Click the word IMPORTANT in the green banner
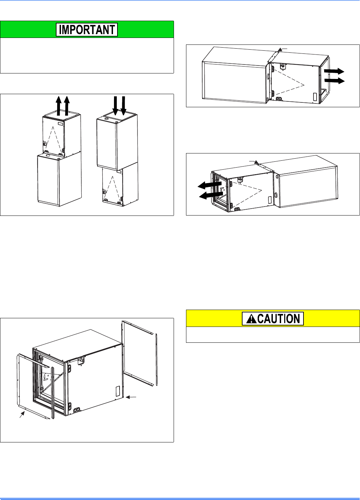pos(87,30)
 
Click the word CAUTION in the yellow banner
pos(279,319)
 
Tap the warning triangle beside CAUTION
pos(249,319)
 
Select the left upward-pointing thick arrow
pos(59,105)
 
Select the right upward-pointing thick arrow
pos(67,105)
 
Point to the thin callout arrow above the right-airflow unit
pos(282,50)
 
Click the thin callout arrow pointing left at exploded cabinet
pos(131,398)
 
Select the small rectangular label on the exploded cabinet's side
pos(117,391)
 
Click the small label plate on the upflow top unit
pos(61,123)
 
